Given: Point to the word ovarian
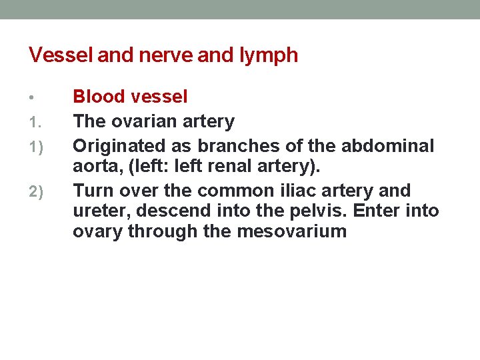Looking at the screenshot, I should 144,121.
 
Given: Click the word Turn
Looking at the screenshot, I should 91,191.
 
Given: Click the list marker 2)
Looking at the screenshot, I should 35,193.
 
